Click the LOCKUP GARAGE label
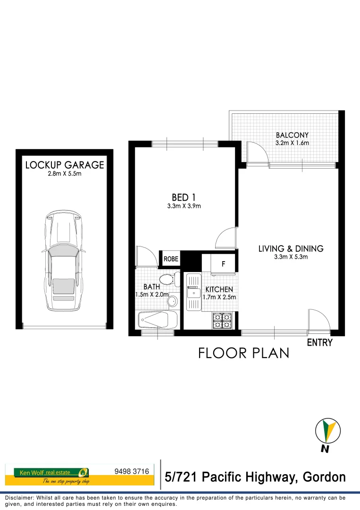click(65, 165)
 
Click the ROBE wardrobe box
click(171, 259)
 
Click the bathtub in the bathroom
click(157, 321)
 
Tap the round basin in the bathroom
click(173, 301)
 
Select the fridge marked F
click(223, 263)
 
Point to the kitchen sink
click(193, 293)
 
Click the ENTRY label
click(319, 343)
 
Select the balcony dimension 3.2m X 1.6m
click(292, 143)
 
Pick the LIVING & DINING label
click(291, 248)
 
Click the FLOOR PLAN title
click(243, 353)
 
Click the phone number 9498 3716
click(132, 471)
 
